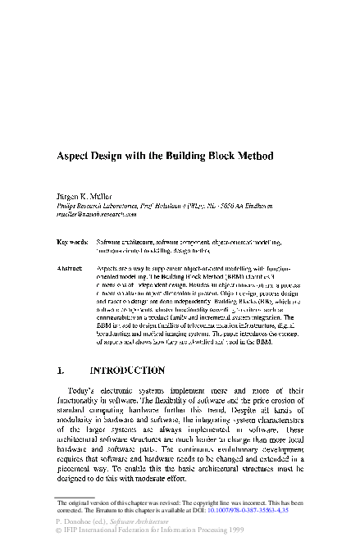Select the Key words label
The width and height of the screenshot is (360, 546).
[x=72, y=243]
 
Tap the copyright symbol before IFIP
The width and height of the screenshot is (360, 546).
[x=58, y=530]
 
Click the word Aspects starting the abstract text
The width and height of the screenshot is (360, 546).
[x=110, y=268]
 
